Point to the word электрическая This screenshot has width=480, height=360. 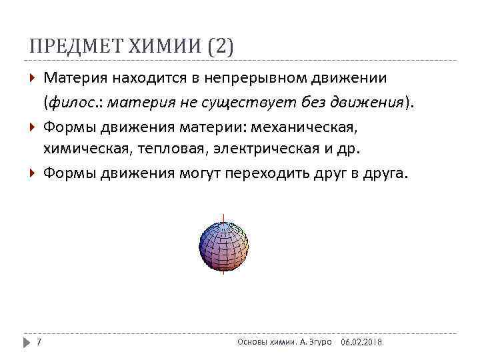coord(255,149)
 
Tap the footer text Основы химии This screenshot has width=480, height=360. coord(262,341)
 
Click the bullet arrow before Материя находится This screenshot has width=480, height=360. coord(33,79)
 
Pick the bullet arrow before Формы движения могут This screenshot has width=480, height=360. coord(33,173)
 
